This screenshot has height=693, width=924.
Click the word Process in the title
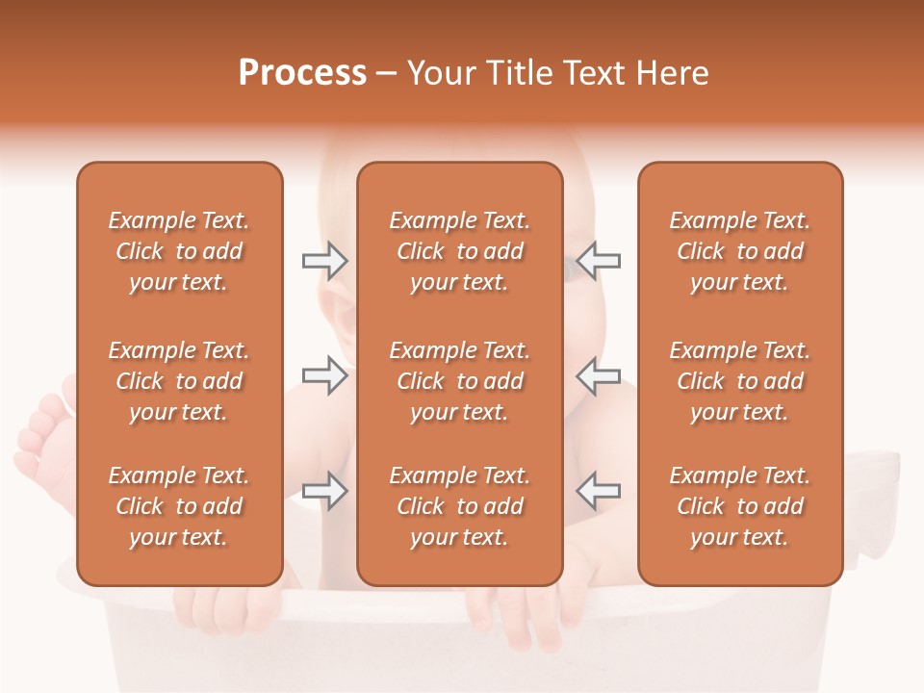coord(302,73)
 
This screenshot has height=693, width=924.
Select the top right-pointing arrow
coord(324,261)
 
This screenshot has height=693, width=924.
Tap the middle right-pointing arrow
coord(324,374)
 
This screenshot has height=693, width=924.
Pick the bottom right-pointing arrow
coord(324,491)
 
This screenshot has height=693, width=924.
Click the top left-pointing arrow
coord(599,261)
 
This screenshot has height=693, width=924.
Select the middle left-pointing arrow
coord(599,374)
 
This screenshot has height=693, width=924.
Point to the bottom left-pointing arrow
coord(599,491)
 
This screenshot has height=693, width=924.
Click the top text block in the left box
coord(179,251)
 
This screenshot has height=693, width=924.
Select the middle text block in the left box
coord(179,381)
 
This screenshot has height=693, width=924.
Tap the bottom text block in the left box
coord(179,506)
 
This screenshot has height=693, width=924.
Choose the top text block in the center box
coord(460,251)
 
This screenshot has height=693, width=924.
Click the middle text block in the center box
coord(460,381)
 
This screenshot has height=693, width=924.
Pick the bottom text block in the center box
coord(460,506)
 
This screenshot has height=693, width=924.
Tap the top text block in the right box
coord(740,251)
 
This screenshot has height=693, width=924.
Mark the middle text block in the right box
coord(740,381)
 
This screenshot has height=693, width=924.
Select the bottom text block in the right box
coord(740,506)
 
